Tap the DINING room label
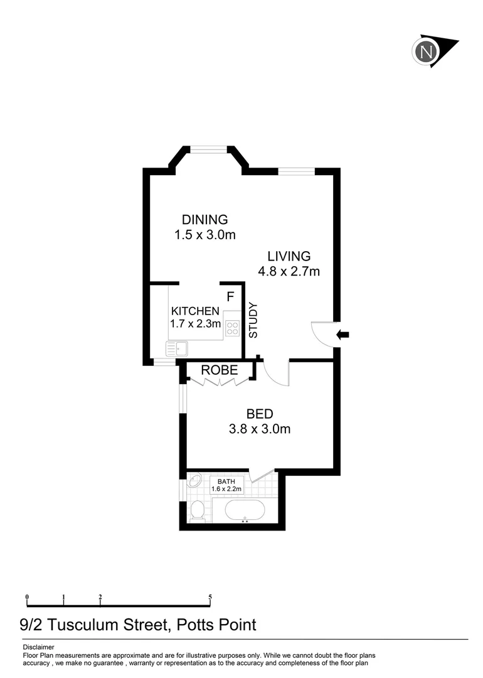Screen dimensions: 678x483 coord(204,220)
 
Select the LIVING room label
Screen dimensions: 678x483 coord(289,256)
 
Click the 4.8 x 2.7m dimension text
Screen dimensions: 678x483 coord(289,271)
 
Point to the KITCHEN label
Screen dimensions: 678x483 coord(195,311)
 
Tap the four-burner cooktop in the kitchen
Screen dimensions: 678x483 coord(232,327)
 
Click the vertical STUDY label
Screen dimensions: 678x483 coord(253,320)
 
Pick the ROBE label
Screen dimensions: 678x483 coord(219,370)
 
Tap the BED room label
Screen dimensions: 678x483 coord(259,414)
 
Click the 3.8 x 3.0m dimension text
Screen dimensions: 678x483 coord(259,429)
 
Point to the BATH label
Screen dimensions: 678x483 coord(226,482)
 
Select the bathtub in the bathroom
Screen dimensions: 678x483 coord(245,510)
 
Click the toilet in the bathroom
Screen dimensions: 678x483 coord(196,511)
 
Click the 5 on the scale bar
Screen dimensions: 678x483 coord(210,596)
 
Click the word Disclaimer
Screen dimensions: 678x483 coord(38,647)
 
